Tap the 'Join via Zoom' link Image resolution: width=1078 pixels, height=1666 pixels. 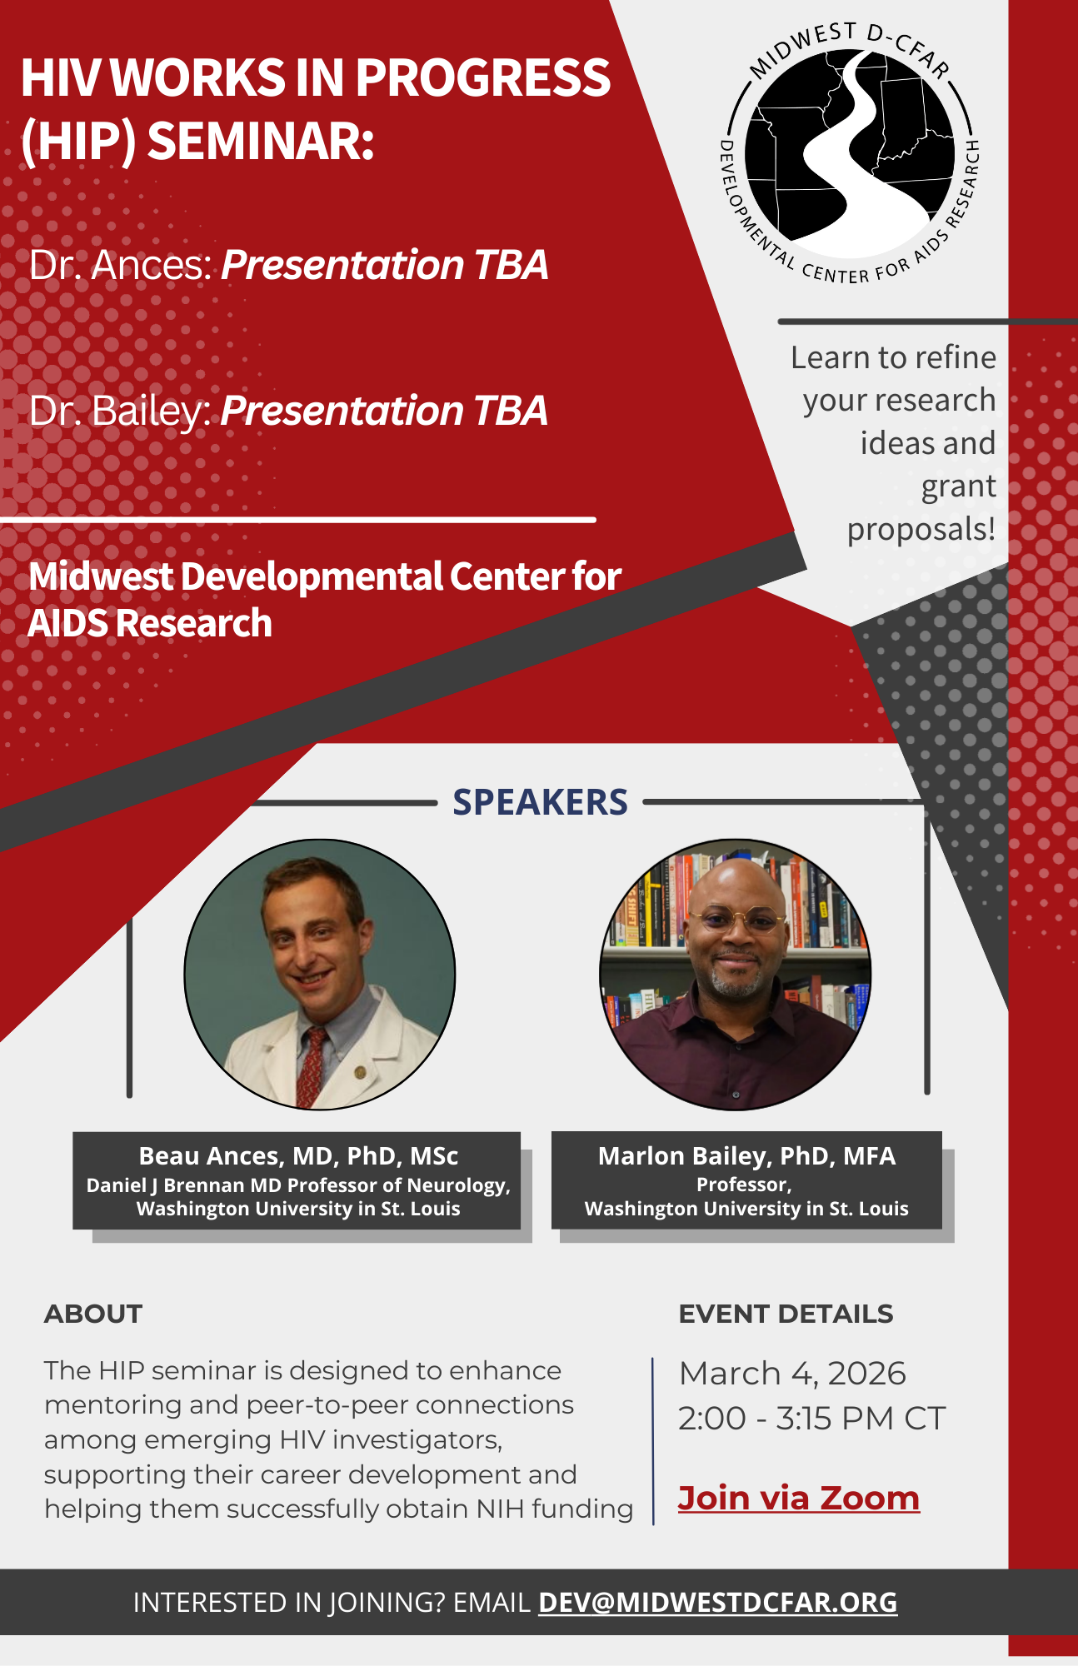click(x=798, y=1498)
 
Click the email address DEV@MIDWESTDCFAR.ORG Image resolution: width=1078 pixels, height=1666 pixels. click(x=717, y=1602)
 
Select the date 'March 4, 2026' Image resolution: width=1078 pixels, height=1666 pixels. click(x=792, y=1374)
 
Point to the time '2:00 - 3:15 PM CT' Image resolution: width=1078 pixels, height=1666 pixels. click(x=811, y=1419)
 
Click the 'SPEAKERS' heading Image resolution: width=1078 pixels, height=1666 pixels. click(x=540, y=802)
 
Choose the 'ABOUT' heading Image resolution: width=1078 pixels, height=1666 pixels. click(x=93, y=1314)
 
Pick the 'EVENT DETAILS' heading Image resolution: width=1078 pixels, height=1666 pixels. click(x=786, y=1314)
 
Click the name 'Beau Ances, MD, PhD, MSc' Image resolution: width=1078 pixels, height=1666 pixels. click(x=298, y=1156)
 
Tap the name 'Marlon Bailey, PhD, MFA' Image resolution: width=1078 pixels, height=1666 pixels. click(x=746, y=1156)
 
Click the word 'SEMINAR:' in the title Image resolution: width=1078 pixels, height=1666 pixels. click(x=261, y=142)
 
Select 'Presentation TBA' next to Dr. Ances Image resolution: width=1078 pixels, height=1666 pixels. click(x=385, y=265)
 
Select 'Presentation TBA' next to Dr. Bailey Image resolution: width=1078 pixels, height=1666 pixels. click(x=385, y=411)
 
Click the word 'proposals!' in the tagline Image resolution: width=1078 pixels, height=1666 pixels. click(x=921, y=530)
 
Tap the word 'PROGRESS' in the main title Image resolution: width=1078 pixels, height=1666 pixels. click(x=483, y=77)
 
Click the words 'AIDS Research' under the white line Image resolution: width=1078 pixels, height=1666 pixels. click(x=150, y=623)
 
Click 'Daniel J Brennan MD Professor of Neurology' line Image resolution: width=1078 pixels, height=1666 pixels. click(x=298, y=1185)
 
